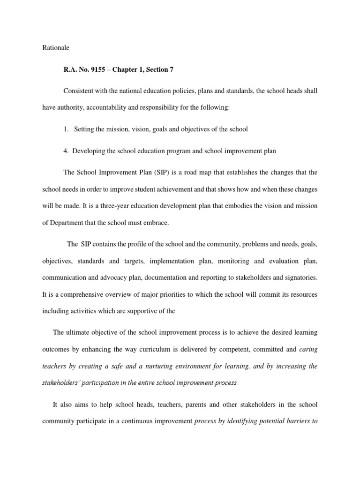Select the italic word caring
pos(308,349)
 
